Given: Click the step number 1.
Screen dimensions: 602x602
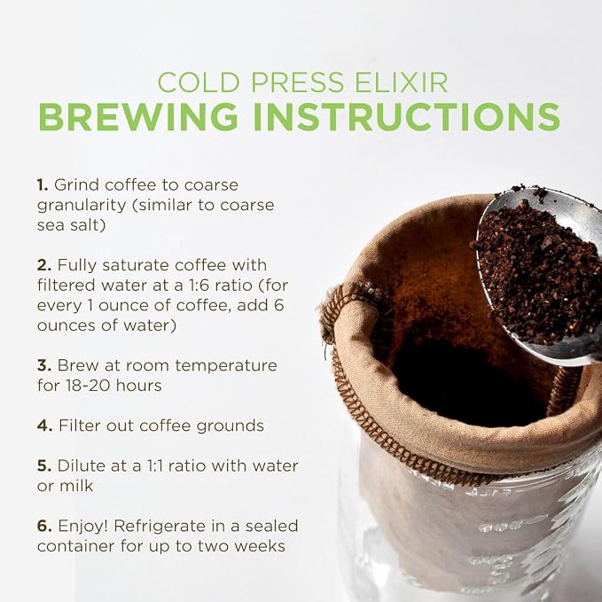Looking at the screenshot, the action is pyautogui.click(x=43, y=185).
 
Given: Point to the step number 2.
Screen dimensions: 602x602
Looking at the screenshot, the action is pyautogui.click(x=44, y=265).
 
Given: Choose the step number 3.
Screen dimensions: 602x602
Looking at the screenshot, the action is pyautogui.click(x=44, y=365).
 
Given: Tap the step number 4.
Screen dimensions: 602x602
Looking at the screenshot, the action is pyautogui.click(x=44, y=426).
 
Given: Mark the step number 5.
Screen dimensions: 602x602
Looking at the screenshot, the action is pyautogui.click(x=44, y=466).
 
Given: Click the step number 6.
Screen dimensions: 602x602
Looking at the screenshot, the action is pyautogui.click(x=44, y=526).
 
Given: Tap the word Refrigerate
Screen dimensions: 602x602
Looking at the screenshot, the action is pyautogui.click(x=160, y=527).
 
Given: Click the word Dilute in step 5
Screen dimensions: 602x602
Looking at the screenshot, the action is pyautogui.click(x=81, y=466).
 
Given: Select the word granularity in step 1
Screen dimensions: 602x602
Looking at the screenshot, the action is pyautogui.click(x=82, y=206).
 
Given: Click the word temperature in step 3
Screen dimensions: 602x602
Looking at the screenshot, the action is pyautogui.click(x=226, y=366).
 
